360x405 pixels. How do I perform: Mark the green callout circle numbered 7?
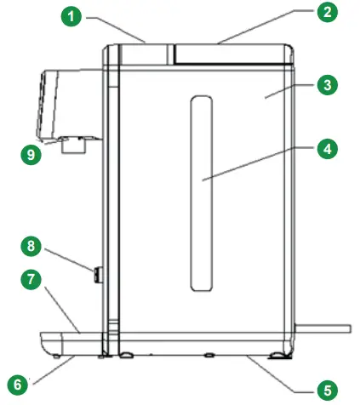click(31, 280)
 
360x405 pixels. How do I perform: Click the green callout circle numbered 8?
click(31, 247)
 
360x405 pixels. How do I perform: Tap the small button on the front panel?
click(98, 275)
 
